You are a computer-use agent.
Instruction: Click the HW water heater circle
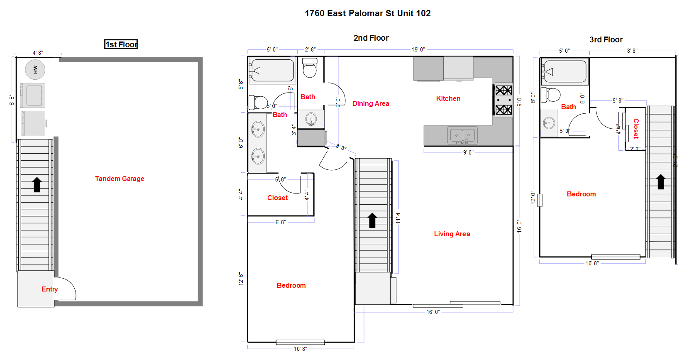[x=35, y=69]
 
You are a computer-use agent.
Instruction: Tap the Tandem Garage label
[x=120, y=179]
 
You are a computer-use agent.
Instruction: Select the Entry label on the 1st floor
[x=49, y=289]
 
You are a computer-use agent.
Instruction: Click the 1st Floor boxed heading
[x=121, y=44]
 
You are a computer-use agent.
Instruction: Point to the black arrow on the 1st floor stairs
[x=37, y=184]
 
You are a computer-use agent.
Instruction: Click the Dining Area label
[x=371, y=103]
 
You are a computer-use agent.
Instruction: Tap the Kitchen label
[x=448, y=98]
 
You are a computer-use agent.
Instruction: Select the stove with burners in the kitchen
[x=503, y=100]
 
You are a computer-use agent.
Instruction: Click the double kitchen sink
[x=462, y=135]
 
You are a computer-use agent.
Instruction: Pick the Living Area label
[x=452, y=234]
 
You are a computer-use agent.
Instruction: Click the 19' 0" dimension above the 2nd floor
[x=418, y=49]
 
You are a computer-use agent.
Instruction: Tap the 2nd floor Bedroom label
[x=291, y=285]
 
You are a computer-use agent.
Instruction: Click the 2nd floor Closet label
[x=277, y=198]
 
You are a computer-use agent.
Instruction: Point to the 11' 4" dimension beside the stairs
[x=398, y=217]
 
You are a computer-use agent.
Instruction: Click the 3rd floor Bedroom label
[x=581, y=194]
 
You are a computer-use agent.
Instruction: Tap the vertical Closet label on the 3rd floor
[x=636, y=128]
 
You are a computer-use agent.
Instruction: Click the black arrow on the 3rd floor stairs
[x=661, y=181]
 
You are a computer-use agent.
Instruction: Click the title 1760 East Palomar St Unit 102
[x=367, y=13]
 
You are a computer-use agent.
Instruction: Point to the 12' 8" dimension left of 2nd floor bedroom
[x=241, y=278]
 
